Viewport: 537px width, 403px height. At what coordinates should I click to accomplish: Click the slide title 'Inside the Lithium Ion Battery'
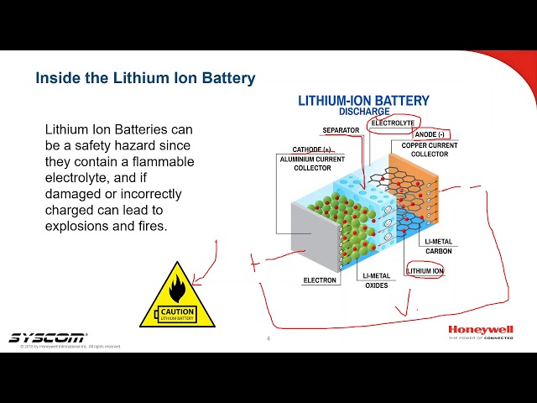[145, 78]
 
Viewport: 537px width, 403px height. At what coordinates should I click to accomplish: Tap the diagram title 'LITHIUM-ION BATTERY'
[363, 101]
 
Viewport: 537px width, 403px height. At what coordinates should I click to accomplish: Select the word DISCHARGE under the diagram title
[363, 112]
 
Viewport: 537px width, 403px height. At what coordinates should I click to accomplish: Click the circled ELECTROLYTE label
[393, 123]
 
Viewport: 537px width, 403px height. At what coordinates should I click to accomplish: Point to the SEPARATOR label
[341, 131]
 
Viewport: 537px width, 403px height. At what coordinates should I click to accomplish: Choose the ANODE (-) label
[430, 134]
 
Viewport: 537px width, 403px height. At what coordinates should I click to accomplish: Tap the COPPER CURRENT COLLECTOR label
[429, 150]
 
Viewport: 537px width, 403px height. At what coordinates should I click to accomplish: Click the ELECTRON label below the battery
[320, 280]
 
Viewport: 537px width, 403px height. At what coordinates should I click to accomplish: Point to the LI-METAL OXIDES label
[375, 280]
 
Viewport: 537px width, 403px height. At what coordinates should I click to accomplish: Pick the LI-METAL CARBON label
[438, 246]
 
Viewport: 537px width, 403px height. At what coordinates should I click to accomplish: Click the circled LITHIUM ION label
[425, 271]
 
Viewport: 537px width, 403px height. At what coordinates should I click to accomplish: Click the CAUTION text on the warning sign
[177, 311]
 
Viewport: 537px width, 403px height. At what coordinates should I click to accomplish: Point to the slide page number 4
[268, 339]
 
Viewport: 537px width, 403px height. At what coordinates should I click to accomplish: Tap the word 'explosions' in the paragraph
[78, 226]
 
